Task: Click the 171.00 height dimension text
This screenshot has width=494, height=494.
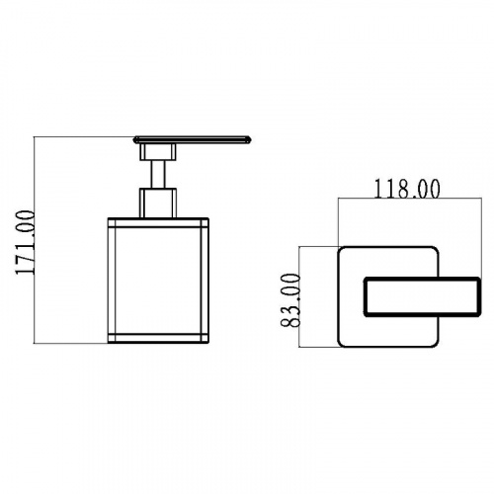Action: pos(25,242)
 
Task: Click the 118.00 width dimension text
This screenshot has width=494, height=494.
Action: pos(407,190)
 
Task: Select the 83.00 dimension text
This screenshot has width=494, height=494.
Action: pos(290,300)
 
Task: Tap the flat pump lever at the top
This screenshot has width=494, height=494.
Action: pos(193,139)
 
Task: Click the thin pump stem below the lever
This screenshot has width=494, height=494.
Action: pos(158,174)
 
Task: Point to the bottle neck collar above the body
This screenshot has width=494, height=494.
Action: pos(158,203)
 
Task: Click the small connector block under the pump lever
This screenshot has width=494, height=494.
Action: pos(158,152)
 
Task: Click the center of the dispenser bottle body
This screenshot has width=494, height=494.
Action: pos(158,281)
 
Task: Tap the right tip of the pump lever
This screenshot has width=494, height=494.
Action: pos(251,139)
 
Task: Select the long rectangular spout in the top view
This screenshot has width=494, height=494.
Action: pos(422,297)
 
